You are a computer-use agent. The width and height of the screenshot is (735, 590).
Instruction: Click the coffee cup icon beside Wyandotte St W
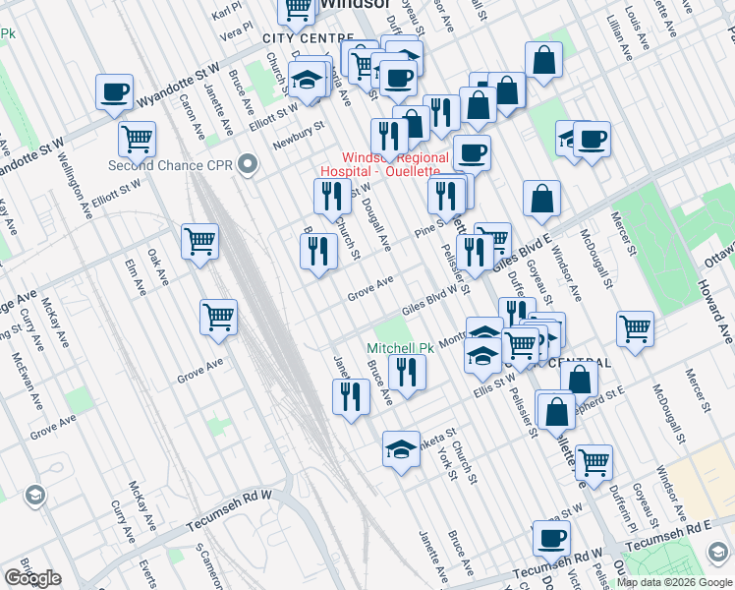coord(115,92)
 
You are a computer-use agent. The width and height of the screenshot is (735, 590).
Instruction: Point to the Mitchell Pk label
coord(400,348)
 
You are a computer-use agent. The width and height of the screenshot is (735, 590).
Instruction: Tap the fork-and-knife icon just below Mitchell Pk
coord(406,373)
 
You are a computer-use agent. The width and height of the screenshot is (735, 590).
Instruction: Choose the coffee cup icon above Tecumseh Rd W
coord(551,538)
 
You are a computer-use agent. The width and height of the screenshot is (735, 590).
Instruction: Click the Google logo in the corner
coord(32,577)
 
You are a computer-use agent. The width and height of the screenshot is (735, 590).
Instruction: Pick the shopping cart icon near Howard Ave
coord(636,327)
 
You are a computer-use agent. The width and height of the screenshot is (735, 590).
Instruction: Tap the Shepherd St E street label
coord(600,392)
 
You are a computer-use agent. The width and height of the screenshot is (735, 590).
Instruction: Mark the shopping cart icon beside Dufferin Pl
coord(593,461)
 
